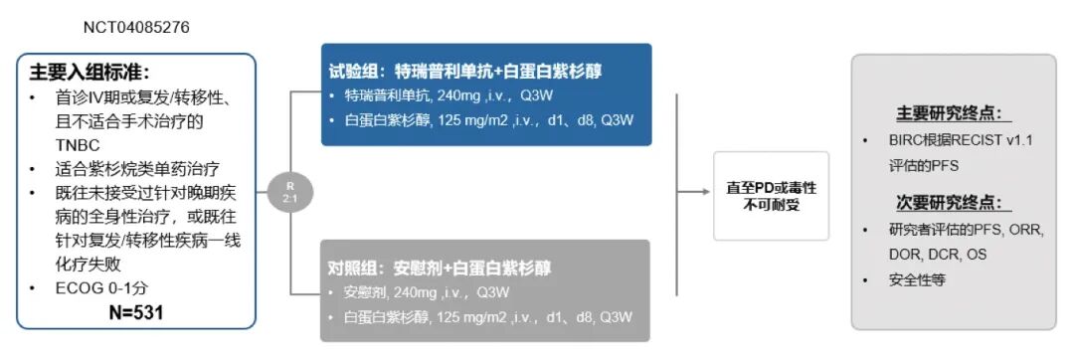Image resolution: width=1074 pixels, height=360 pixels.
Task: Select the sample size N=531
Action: coord(135,312)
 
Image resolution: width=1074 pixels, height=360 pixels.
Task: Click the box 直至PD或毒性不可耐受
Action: coord(771,195)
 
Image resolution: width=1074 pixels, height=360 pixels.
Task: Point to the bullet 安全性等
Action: coord(917,280)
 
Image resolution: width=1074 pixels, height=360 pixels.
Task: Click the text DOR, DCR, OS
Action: coord(938,255)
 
